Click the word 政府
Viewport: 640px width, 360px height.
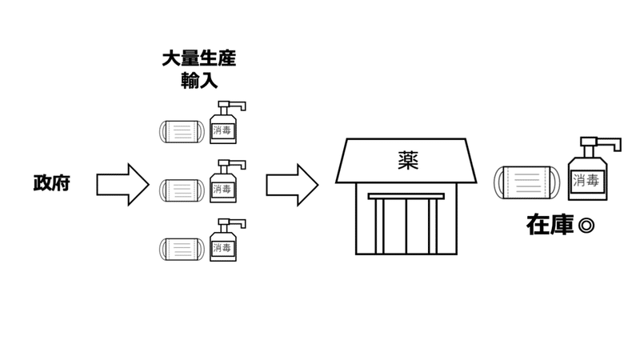click(x=51, y=183)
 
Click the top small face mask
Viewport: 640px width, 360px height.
click(x=182, y=130)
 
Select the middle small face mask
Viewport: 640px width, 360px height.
click(x=182, y=190)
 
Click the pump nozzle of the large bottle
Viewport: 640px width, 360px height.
click(x=608, y=144)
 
